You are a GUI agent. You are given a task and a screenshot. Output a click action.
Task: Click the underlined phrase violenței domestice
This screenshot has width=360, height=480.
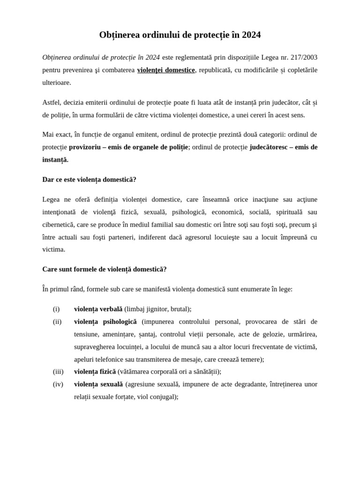(165, 70)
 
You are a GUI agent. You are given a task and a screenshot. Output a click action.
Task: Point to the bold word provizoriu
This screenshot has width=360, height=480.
(84, 147)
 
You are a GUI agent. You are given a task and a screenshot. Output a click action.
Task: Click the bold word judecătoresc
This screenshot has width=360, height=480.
(268, 147)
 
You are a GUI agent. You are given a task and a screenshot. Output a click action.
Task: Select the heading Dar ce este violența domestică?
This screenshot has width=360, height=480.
(89, 180)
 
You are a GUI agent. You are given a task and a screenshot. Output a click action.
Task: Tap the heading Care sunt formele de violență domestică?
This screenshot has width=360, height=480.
(104, 269)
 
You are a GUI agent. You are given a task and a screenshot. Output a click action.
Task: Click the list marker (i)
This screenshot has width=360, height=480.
(56, 309)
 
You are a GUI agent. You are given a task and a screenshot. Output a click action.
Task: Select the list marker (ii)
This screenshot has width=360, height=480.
(57, 322)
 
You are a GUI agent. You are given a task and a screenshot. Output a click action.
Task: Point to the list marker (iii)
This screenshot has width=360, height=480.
(58, 371)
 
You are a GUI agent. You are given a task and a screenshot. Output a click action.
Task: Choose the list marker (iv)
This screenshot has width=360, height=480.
(58, 384)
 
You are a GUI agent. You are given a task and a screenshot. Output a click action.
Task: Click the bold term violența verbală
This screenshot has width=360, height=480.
(98, 309)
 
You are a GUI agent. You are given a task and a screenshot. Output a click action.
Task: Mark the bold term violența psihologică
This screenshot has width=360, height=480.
(105, 322)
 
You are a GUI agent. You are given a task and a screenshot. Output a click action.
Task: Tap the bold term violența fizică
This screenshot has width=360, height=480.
(95, 371)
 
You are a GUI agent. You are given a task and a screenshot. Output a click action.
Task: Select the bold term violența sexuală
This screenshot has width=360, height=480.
(98, 384)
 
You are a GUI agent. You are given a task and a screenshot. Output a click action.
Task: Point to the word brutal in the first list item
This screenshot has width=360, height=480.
(180, 309)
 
